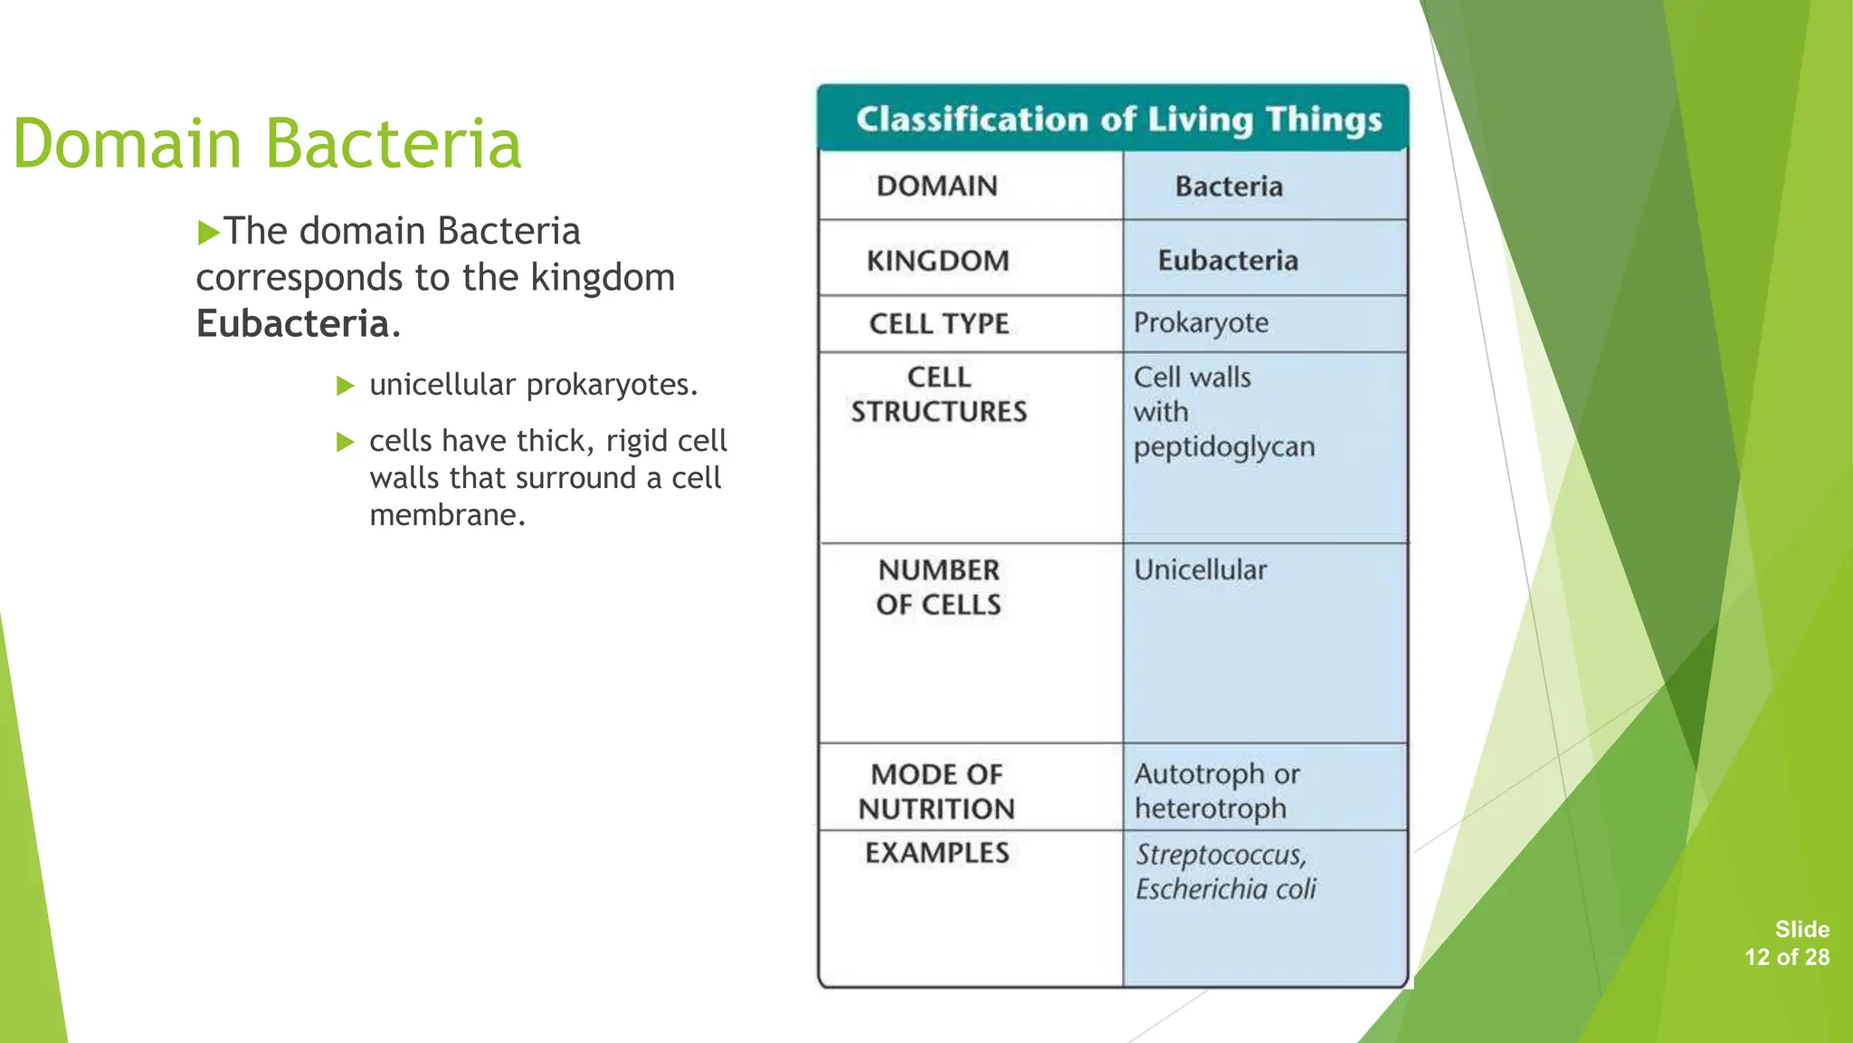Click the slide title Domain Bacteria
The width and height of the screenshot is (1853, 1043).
pyautogui.click(x=268, y=144)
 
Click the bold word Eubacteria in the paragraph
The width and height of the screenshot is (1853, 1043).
pyautogui.click(x=293, y=324)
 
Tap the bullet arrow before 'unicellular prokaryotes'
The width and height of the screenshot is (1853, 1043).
pyautogui.click(x=345, y=387)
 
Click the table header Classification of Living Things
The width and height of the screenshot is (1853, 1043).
pyautogui.click(x=1118, y=120)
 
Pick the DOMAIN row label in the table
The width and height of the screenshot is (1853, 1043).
pyautogui.click(x=936, y=187)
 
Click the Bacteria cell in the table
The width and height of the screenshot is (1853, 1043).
pyautogui.click(x=1229, y=187)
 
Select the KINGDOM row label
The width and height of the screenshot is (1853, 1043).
pyautogui.click(x=937, y=261)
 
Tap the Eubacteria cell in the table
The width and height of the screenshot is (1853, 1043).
pyautogui.click(x=1228, y=261)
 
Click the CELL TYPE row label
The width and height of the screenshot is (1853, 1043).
pyautogui.click(x=939, y=324)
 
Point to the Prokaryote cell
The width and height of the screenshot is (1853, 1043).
pyautogui.click(x=1201, y=323)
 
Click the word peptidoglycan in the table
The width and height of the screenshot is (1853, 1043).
pyautogui.click(x=1223, y=447)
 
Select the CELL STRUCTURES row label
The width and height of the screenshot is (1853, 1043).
pyautogui.click(x=939, y=395)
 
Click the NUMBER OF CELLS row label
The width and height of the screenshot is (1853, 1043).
pyautogui.click(x=939, y=588)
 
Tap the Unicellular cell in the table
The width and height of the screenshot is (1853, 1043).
pyautogui.click(x=1200, y=570)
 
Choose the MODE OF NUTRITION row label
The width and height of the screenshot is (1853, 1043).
pyautogui.click(x=936, y=791)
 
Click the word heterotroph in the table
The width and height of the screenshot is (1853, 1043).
pyautogui.click(x=1210, y=809)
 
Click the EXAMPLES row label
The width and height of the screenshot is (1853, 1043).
pyautogui.click(x=936, y=853)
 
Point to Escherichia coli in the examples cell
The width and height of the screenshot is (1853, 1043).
pyautogui.click(x=1225, y=889)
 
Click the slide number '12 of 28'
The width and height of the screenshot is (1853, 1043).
pyautogui.click(x=1787, y=957)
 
